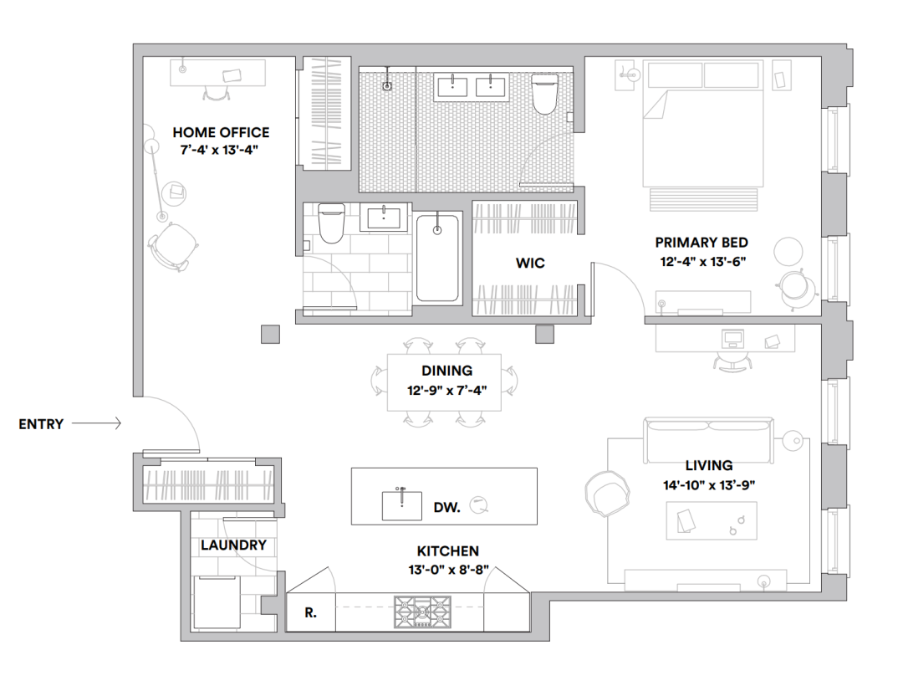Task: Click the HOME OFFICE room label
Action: pos(221,132)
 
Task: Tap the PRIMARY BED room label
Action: pos(701,243)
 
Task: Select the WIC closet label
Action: pos(530,264)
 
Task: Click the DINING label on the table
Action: pos(446,371)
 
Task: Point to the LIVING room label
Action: pos(709,465)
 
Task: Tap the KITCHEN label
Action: pos(448,551)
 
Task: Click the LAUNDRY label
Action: pos(233,545)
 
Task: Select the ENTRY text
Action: pos(41,424)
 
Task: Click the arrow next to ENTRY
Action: pos(96,423)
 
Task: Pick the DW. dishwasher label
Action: pos(446,508)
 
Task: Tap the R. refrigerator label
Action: pos(310,613)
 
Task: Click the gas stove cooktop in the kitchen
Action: pos(423,612)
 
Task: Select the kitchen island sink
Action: pos(402,504)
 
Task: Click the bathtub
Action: pos(437,258)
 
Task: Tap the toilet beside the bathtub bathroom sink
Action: pos(331,223)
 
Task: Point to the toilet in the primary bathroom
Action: pos(545,94)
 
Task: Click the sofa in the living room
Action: pos(708,441)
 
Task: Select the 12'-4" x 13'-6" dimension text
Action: pos(702,262)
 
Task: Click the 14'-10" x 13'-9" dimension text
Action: pos(709,485)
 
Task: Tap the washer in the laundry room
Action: pos(217,602)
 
